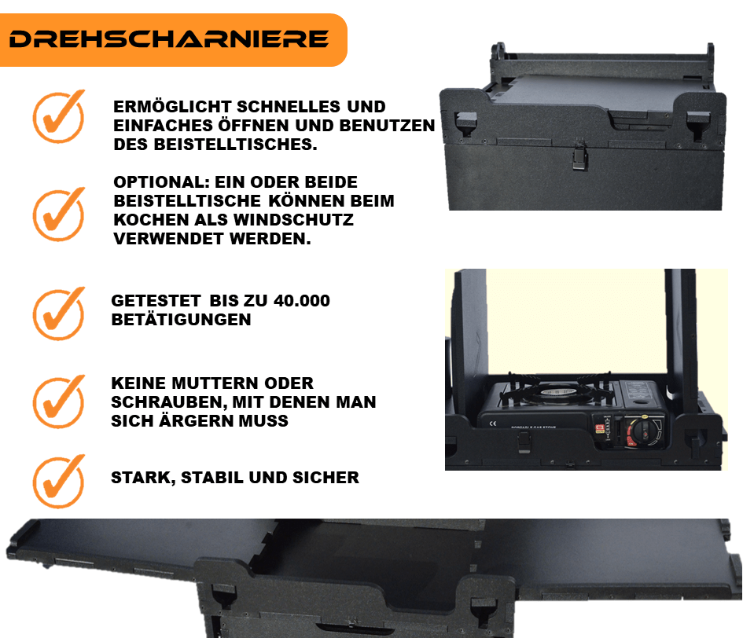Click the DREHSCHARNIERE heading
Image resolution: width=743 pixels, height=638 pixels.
pos(169,39)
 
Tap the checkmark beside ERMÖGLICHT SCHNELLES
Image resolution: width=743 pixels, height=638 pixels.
pos(59,116)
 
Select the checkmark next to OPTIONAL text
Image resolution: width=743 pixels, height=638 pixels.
pos(59,214)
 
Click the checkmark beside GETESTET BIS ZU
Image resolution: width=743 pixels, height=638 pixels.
pos(59,313)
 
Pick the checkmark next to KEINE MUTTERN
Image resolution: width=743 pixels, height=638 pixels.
pos(59,402)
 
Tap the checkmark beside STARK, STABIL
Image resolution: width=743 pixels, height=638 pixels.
pos(59,482)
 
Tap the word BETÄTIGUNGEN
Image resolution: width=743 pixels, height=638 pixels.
pos(181,320)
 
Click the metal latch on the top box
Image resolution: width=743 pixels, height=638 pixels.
pos(579,155)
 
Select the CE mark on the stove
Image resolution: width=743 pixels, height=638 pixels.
pos(493,423)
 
